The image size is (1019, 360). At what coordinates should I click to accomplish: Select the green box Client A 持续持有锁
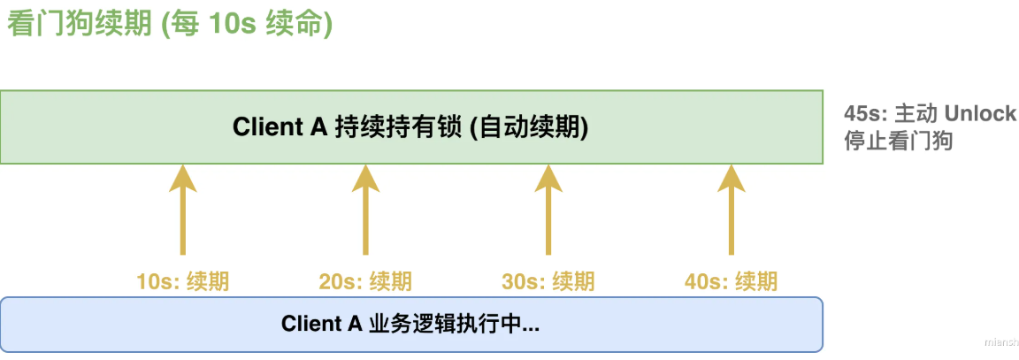tap(411, 127)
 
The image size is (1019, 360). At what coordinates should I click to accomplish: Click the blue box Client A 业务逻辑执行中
tap(411, 324)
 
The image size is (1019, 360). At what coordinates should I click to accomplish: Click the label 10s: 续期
tap(183, 282)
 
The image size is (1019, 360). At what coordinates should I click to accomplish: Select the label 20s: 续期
tap(365, 282)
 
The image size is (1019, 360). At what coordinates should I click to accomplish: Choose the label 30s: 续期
tap(548, 282)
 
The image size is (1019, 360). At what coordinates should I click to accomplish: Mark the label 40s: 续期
tap(731, 282)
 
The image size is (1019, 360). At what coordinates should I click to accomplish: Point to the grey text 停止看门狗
tap(898, 141)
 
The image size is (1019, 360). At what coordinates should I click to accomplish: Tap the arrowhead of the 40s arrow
tap(731, 177)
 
